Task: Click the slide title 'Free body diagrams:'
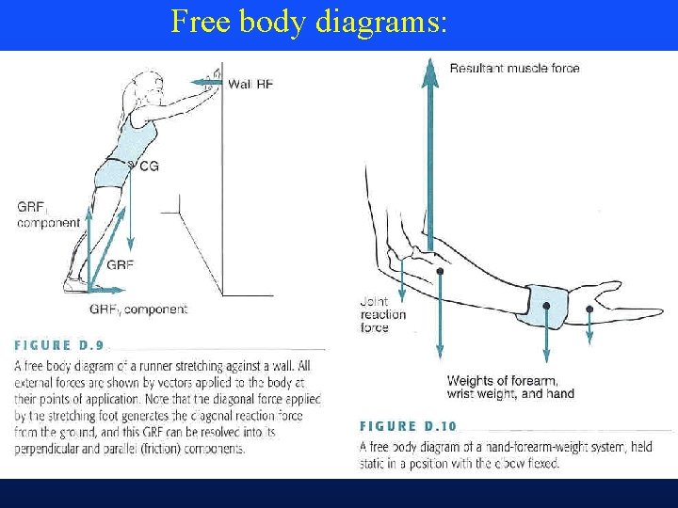pos(308,22)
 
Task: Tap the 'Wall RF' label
pos(250,84)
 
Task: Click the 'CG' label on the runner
pos(149,167)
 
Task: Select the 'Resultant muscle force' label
pos(514,68)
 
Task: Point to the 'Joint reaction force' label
pos(382,314)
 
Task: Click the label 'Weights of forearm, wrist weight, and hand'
pos(509,387)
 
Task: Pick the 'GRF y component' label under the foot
pos(138,310)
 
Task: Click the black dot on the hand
pos(589,308)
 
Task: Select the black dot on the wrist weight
pos(546,306)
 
